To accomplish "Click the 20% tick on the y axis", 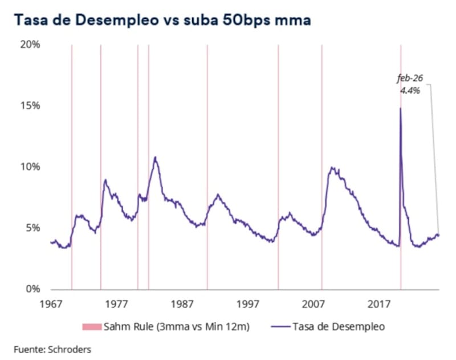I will [30, 45].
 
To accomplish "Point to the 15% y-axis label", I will [30, 106].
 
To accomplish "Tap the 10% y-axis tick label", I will [30, 167].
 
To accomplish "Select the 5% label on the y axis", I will [32, 228].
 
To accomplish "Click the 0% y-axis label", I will [32, 289].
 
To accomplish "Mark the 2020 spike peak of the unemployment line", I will [400, 108].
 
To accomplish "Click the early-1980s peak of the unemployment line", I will [155, 157].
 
